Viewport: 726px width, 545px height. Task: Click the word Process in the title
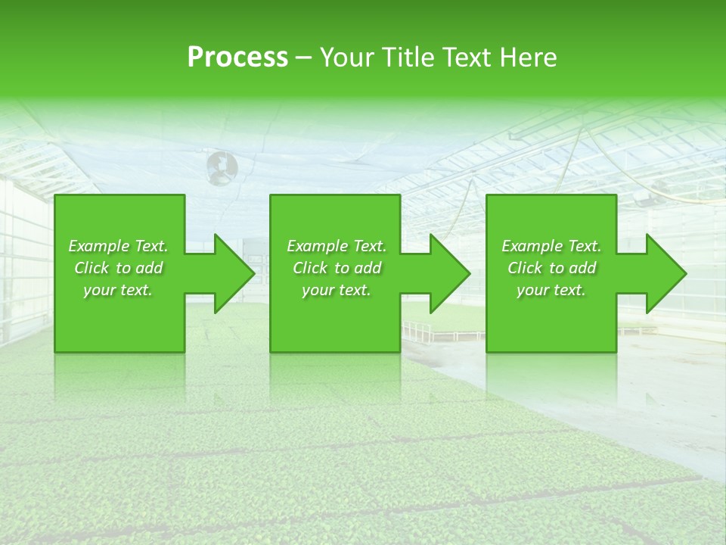click(237, 58)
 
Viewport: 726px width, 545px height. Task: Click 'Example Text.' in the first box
click(118, 246)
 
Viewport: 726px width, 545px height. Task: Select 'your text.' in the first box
click(118, 290)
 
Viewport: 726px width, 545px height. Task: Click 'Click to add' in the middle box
click(337, 268)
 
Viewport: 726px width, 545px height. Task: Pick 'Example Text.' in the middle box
click(337, 246)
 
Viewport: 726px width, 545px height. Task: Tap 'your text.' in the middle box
click(337, 290)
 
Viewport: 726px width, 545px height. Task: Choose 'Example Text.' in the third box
click(551, 246)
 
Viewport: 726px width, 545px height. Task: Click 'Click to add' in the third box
click(551, 268)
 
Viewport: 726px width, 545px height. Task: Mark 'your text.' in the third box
click(551, 290)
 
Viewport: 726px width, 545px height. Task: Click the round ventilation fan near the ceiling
click(222, 167)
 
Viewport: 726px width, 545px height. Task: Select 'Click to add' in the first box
click(118, 268)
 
